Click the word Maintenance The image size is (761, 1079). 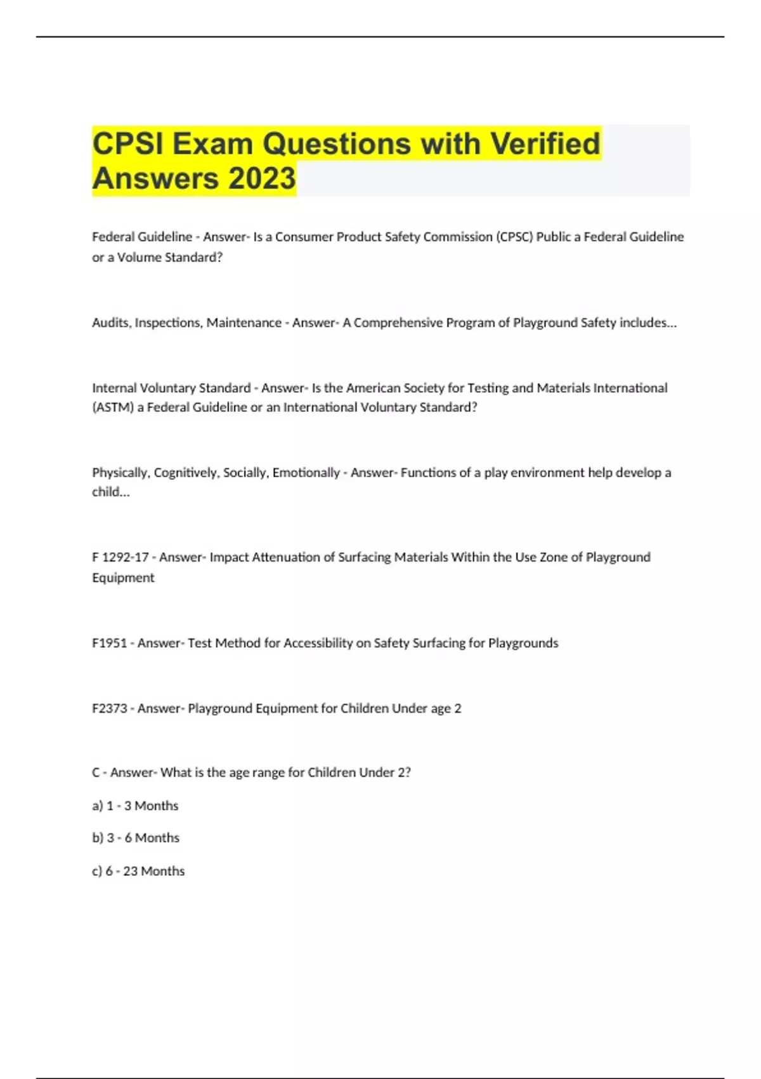click(x=244, y=322)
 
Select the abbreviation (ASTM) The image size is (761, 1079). click(x=113, y=407)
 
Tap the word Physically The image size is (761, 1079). click(x=120, y=473)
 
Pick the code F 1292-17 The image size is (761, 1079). click(x=120, y=557)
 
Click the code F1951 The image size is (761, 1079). click(x=110, y=643)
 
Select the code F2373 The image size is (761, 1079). click(x=110, y=708)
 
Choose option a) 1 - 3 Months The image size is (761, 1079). click(x=135, y=805)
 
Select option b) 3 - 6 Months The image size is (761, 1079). click(x=136, y=838)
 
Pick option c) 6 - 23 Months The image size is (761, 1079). click(x=138, y=871)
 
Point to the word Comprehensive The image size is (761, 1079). click(x=398, y=322)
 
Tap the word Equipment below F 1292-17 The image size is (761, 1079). click(x=123, y=578)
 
